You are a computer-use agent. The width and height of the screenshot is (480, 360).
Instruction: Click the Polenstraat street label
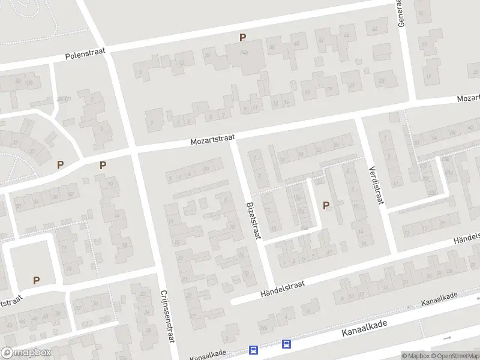coord(85,55)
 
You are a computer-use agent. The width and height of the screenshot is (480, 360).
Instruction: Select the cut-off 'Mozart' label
coord(468,97)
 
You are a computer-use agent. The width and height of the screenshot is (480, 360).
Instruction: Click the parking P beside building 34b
coord(243,37)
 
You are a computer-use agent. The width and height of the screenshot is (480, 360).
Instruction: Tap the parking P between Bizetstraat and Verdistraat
coord(326,205)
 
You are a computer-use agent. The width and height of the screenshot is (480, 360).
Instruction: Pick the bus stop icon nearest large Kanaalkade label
coord(287,344)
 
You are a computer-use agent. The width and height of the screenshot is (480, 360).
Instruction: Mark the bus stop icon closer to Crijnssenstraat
coord(254,350)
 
